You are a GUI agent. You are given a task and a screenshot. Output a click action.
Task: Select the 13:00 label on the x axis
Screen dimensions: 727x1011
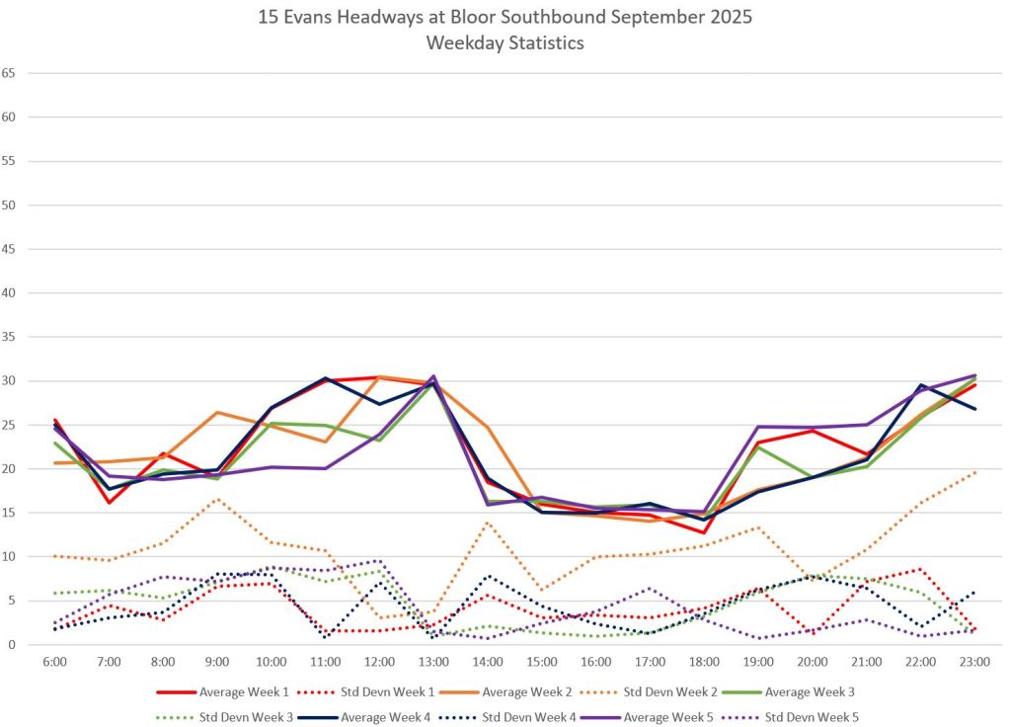pyautogui.click(x=433, y=661)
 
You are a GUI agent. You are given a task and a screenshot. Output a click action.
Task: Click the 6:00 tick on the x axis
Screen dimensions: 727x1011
pyautogui.click(x=54, y=661)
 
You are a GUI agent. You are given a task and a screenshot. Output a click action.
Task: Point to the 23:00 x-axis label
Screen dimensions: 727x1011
pyautogui.click(x=974, y=661)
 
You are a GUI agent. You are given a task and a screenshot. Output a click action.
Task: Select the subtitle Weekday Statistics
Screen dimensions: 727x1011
pyautogui.click(x=505, y=42)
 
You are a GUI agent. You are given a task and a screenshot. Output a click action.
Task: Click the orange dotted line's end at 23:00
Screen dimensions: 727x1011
pyautogui.click(x=974, y=472)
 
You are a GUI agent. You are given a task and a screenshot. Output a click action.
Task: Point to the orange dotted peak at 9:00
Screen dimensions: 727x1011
pyautogui.click(x=217, y=499)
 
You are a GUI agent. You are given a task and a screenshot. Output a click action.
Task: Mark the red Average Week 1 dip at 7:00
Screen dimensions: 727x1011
pyautogui.click(x=109, y=503)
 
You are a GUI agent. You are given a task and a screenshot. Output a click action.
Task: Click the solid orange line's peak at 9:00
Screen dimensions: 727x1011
pyautogui.click(x=217, y=412)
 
